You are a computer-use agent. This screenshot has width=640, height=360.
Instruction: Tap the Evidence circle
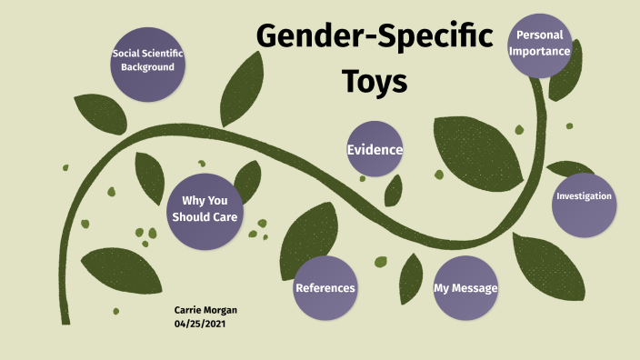click(375, 149)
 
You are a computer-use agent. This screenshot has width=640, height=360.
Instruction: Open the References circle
click(325, 288)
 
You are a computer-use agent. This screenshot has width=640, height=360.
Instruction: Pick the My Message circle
click(465, 288)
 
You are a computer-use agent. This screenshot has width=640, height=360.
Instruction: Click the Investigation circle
click(584, 197)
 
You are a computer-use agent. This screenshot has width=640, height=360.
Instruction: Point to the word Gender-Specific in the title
click(375, 36)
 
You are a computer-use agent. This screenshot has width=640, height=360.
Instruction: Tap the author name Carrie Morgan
click(205, 310)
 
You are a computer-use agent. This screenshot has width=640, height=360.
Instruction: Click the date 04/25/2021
click(200, 324)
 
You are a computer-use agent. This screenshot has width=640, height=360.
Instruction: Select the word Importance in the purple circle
click(540, 52)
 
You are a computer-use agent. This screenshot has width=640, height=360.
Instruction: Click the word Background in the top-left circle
click(147, 68)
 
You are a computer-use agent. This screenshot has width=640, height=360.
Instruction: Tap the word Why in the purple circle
click(193, 201)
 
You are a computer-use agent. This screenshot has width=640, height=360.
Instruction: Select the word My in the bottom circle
click(443, 288)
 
